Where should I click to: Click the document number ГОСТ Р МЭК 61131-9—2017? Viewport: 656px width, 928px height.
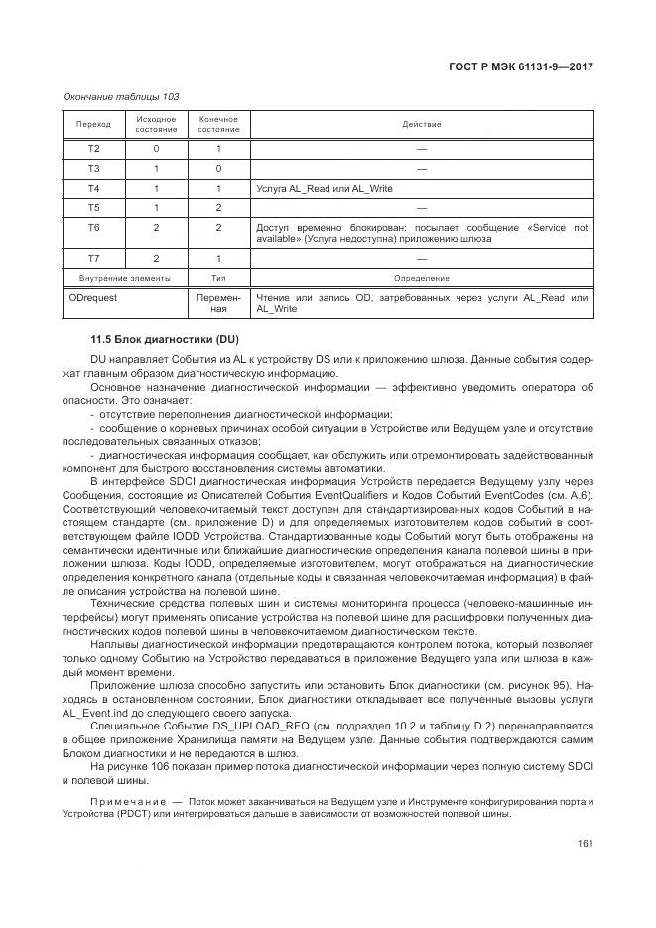[x=521, y=66]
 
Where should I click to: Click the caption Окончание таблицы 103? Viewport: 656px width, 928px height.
[x=120, y=96]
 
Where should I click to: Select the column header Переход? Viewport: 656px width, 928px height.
[x=93, y=125]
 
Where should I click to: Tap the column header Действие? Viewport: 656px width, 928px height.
[x=421, y=125]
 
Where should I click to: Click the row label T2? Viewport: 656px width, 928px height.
[x=93, y=148]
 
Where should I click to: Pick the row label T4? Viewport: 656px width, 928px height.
[x=93, y=188]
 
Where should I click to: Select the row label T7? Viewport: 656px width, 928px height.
[x=93, y=258]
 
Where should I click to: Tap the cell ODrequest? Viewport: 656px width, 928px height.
[x=92, y=297]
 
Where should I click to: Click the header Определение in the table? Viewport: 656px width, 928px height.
[x=421, y=279]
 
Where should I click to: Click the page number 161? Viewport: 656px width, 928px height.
[x=585, y=844]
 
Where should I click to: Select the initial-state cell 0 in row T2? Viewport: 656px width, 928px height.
[x=156, y=148]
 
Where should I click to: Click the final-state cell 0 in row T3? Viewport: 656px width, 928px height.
[x=218, y=168]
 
